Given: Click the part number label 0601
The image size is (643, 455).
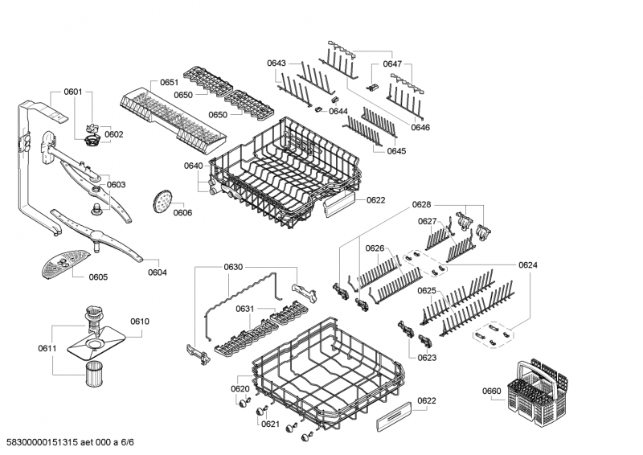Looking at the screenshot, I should tap(73, 92).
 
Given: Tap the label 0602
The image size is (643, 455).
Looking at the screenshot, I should tap(113, 134).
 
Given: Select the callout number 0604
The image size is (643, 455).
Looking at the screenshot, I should tap(158, 273).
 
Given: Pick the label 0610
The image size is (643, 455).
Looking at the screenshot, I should tap(139, 322).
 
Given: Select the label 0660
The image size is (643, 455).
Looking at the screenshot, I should tap(491, 391).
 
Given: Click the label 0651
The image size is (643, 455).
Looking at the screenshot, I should tap(169, 83).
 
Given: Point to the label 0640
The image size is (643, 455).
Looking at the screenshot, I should tap(193, 166).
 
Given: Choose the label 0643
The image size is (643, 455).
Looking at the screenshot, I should tap(276, 63).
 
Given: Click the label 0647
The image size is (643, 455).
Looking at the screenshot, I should tap(392, 63).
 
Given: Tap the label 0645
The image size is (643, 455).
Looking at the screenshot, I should tap(396, 151).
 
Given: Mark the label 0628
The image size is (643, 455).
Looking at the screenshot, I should tap(422, 206).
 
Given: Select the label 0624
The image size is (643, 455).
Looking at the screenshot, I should tap(528, 264).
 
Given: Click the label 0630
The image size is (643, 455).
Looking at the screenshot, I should tap(233, 267).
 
